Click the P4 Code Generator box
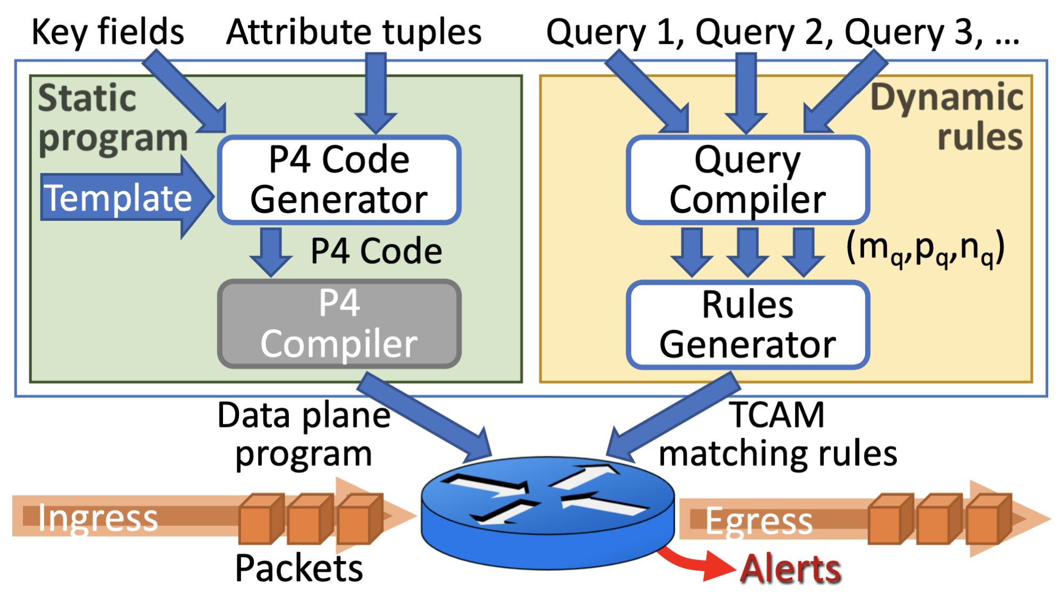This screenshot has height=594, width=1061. click(x=339, y=180)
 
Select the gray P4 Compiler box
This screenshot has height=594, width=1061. click(x=339, y=324)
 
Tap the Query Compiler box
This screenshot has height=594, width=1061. click(x=748, y=180)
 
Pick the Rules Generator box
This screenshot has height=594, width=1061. click(x=748, y=325)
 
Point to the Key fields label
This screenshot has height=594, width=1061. click(x=108, y=32)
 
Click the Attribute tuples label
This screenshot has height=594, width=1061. click(x=354, y=32)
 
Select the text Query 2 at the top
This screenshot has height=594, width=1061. click(x=764, y=32)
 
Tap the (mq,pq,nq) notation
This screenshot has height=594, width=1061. click(x=925, y=249)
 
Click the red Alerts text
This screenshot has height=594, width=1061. click(x=791, y=568)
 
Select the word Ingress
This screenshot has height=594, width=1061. click(x=98, y=518)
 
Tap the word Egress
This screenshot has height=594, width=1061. click(x=759, y=521)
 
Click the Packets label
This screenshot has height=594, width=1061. click(x=299, y=568)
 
